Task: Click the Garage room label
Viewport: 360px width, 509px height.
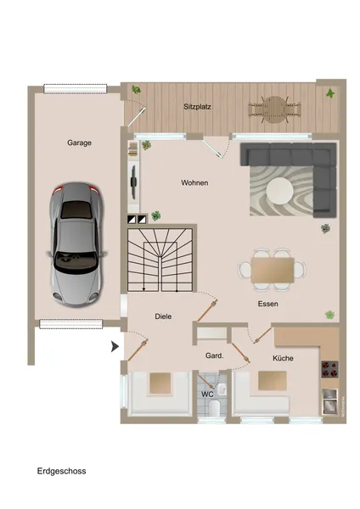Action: click(x=79, y=143)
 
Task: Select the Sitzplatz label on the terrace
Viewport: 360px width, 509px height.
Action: click(x=198, y=108)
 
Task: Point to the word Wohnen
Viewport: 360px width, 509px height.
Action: click(x=194, y=183)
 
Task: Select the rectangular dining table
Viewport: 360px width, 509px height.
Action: click(x=277, y=269)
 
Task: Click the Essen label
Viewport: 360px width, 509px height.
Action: click(x=268, y=304)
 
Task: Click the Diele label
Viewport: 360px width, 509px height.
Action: click(x=163, y=316)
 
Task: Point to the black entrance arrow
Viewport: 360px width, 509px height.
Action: click(x=115, y=346)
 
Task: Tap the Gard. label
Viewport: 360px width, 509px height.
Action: click(x=214, y=356)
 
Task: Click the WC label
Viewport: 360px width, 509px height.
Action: click(x=206, y=394)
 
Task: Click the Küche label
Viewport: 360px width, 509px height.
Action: click(x=283, y=359)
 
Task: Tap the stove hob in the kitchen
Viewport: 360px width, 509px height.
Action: click(x=330, y=368)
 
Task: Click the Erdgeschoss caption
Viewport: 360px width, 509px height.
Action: click(x=61, y=470)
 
